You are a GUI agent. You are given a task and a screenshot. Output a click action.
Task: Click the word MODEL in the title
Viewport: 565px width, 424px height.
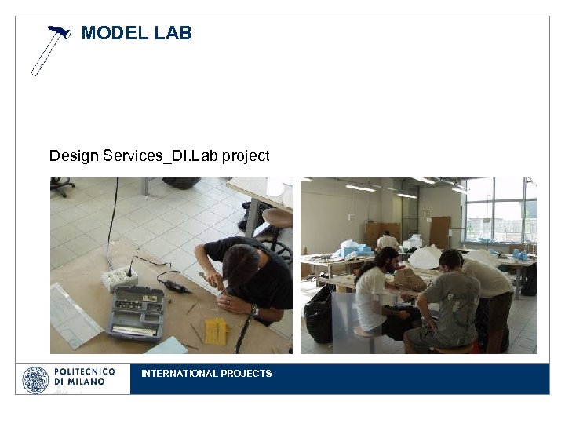[x=111, y=33]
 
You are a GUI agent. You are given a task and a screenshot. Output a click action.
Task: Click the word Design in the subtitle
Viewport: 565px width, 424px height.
[x=73, y=155]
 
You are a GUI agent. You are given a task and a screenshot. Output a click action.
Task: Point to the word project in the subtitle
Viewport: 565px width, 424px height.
[x=246, y=155]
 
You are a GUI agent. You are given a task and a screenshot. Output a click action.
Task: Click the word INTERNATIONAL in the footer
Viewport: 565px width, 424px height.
[x=176, y=374]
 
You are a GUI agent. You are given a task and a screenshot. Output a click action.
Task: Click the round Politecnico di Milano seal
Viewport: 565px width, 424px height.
[x=35, y=379]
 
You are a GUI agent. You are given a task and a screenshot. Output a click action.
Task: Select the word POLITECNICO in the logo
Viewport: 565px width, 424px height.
[x=85, y=371]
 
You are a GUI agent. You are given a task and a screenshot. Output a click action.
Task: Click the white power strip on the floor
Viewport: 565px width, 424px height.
[x=118, y=276]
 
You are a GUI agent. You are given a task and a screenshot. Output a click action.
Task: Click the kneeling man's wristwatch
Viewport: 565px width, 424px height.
[x=255, y=310]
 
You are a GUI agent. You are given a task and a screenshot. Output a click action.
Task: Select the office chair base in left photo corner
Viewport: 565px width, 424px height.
[x=61, y=186]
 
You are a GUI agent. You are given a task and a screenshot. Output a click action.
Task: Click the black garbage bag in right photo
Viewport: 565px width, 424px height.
[x=319, y=314]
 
